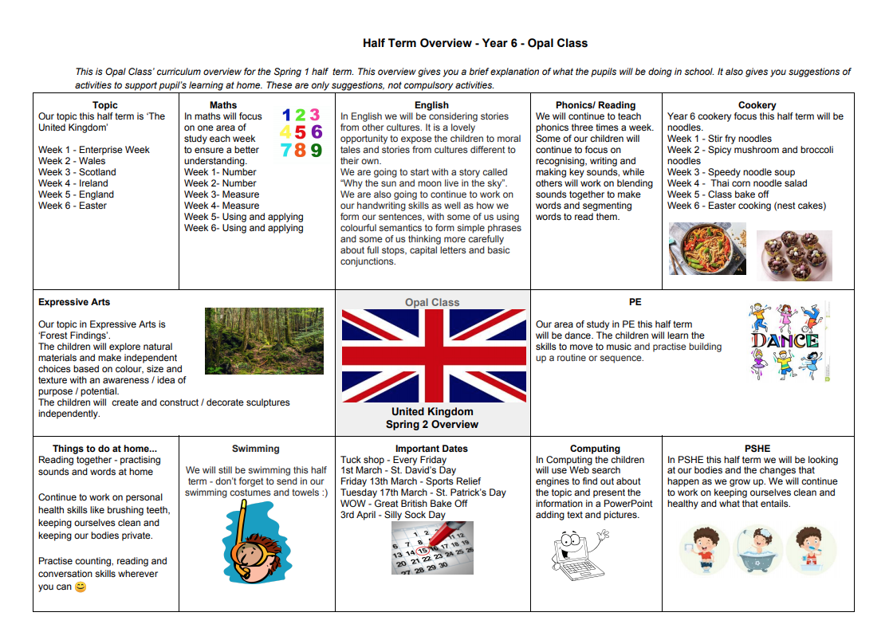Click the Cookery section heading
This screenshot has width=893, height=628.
pos(757,105)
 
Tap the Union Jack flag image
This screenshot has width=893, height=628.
pos(434,355)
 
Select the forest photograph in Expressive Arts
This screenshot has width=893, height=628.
pos(264,341)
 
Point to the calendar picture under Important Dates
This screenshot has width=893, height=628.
pos(432,548)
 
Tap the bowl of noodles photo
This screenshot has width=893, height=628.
pos(706,249)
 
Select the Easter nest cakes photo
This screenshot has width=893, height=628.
pos(793,256)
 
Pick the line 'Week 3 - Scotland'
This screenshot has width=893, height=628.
pos(77,172)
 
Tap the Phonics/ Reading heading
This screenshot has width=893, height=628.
pos(596,105)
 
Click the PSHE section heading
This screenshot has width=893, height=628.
pos(757,449)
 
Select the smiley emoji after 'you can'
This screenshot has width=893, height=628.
pos(80,587)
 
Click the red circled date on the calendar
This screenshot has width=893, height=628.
pos(423,550)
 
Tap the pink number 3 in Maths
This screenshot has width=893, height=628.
pos(315,115)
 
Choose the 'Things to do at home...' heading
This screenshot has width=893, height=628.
pos(104,449)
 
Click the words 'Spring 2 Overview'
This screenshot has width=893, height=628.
pos(432,425)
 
